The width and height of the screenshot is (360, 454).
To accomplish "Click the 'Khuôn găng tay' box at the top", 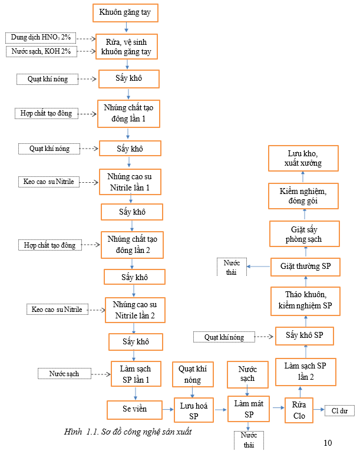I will click(125, 12).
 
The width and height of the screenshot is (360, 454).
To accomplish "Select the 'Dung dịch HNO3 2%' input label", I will click(41, 38).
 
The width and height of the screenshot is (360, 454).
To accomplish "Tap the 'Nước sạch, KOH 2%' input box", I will click(41, 51).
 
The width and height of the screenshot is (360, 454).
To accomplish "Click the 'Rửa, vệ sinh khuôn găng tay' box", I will click(126, 47).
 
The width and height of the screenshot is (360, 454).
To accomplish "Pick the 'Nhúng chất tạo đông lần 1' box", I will click(128, 114).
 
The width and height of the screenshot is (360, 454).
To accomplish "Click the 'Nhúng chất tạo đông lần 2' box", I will click(132, 245).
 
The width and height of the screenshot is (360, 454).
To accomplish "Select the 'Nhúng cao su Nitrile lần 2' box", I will click(135, 310).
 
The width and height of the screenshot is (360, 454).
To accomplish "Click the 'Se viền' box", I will click(134, 408).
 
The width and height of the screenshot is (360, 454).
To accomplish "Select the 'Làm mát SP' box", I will click(249, 407).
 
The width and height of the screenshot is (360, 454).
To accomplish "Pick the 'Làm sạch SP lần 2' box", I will click(305, 371).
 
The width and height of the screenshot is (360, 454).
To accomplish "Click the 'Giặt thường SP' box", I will click(305, 267).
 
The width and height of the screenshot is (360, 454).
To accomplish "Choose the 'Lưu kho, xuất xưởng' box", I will click(304, 158).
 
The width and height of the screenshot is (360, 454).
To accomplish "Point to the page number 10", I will click(328, 443).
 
